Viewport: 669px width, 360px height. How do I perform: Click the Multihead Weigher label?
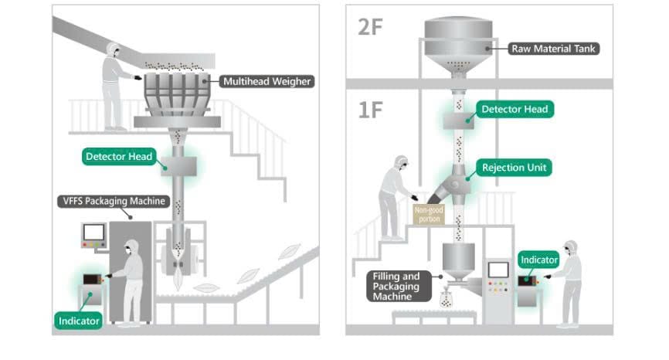(267, 80)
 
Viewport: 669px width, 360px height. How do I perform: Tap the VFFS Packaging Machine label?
(113, 202)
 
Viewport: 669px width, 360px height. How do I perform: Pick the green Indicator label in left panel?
(79, 319)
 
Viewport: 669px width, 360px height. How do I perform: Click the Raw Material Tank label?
(554, 49)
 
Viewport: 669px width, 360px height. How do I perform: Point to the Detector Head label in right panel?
(514, 109)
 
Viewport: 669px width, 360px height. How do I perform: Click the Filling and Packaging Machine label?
(394, 285)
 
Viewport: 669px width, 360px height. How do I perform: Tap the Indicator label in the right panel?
(538, 260)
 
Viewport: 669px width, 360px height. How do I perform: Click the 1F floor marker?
(371, 109)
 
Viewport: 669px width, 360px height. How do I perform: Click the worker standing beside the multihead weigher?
(117, 85)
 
